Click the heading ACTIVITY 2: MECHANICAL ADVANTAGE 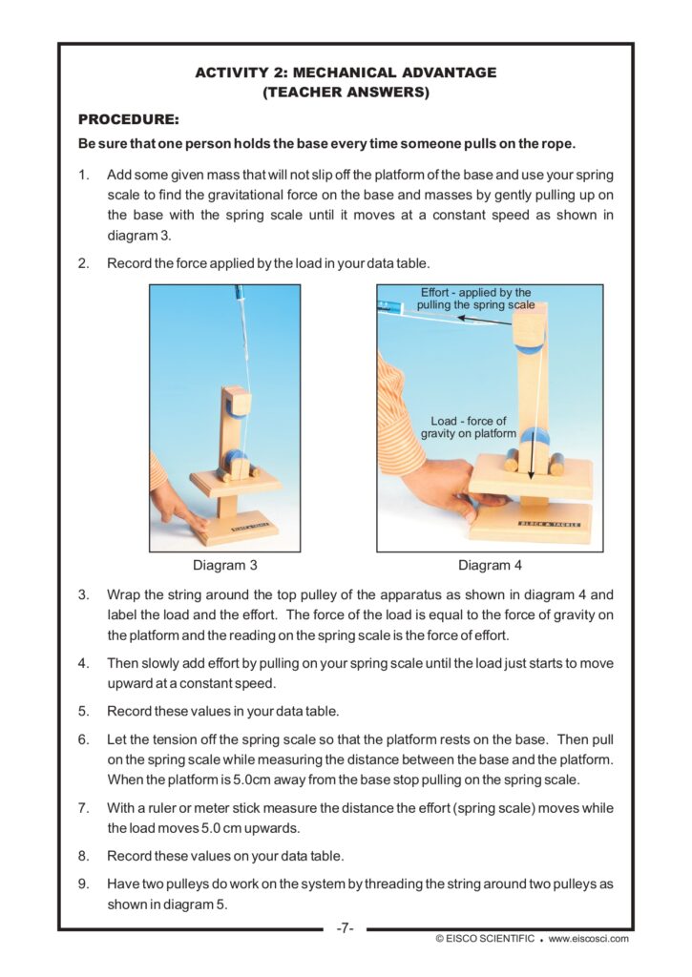[x=346, y=73]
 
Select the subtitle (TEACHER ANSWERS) [x=346, y=93]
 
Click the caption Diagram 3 [x=225, y=565]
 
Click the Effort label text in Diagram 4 [x=476, y=299]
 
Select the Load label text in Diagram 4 [x=469, y=427]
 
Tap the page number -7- [x=346, y=928]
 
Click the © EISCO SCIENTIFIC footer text [x=485, y=939]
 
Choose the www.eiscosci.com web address [x=589, y=939]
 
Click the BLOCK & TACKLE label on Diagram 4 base [x=549, y=524]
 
